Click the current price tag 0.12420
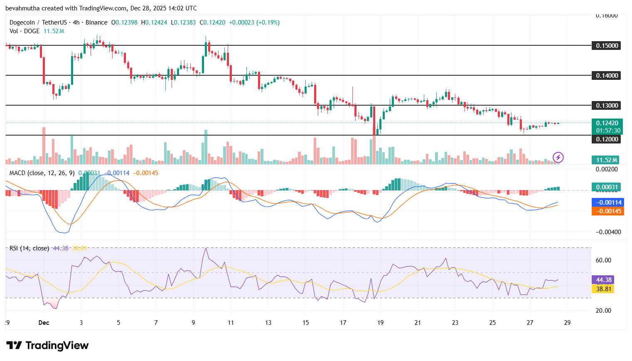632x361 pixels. click(607, 123)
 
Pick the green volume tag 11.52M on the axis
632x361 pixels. click(606, 160)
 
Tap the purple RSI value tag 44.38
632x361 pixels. click(603, 280)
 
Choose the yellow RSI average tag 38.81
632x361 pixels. click(603, 289)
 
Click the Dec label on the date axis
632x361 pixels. click(44, 323)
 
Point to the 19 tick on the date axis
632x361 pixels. click(380, 323)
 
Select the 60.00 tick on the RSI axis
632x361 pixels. click(603, 260)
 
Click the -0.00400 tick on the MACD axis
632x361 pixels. click(608, 232)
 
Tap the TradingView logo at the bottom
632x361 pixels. click(47, 346)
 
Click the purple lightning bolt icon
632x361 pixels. click(558, 157)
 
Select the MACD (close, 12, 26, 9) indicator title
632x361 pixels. click(42, 173)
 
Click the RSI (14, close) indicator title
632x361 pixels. click(29, 248)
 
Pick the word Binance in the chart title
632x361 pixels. click(96, 22)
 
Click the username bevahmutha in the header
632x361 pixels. click(22, 8)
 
